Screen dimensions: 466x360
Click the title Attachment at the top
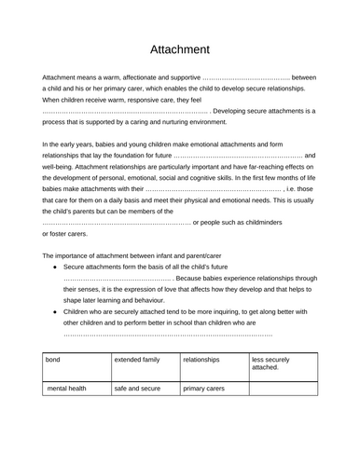click(x=180, y=48)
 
